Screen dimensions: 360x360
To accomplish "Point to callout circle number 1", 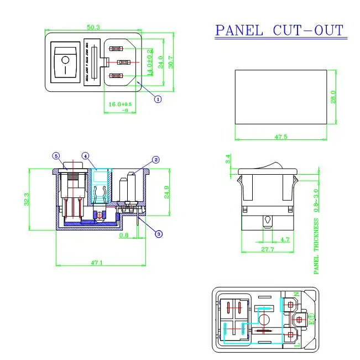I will (157, 100).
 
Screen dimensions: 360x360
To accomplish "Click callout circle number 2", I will (156, 160).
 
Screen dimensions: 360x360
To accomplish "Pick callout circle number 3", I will (159, 234).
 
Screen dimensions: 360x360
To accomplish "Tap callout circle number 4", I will (86, 156).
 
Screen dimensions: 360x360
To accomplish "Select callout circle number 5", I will (56, 156).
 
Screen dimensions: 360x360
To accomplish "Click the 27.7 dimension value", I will (268, 250).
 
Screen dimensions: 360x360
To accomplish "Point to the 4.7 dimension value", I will (284, 239).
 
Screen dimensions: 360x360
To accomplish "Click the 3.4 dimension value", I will (228, 160).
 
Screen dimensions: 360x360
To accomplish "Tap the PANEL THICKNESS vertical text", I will (316, 246).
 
